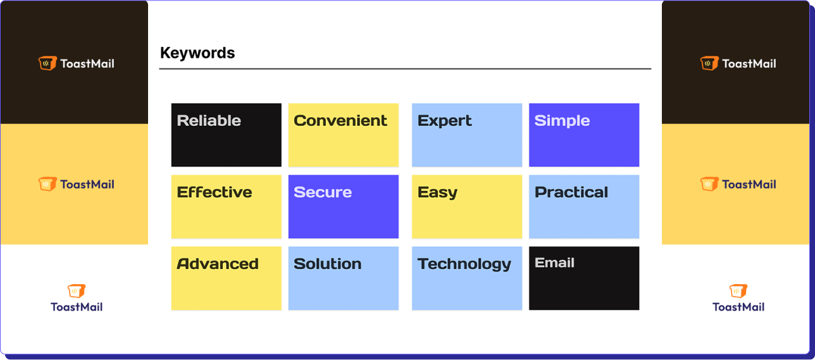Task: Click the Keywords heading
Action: [x=197, y=53]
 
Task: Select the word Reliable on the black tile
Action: [x=209, y=120]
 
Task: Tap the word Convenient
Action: [x=340, y=120]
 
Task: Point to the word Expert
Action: [x=445, y=121]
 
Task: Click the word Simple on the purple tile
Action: [x=562, y=121]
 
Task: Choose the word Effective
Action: [x=215, y=192]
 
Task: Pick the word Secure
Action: [x=323, y=192]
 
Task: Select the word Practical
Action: [x=571, y=192]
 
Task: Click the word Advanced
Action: [x=218, y=264]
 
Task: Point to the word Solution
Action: [x=328, y=264]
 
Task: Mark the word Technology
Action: [x=464, y=264]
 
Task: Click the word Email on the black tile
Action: [x=554, y=263]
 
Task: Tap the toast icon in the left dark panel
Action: [x=47, y=63]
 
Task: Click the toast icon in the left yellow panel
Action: [x=47, y=184]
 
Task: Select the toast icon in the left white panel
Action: [x=77, y=291]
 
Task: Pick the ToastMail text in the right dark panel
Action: [x=749, y=64]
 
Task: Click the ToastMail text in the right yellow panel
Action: [x=749, y=184]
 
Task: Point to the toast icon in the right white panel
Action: [x=738, y=291]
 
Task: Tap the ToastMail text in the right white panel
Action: [x=738, y=307]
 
